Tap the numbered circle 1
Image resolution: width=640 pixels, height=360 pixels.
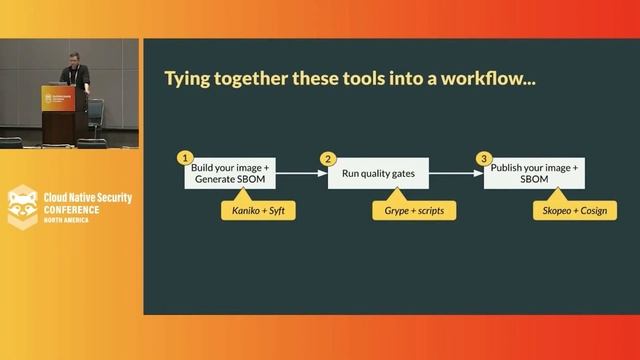point(184,158)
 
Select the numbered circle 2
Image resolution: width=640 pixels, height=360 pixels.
point(327,158)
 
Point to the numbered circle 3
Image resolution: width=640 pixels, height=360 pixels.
point(484,158)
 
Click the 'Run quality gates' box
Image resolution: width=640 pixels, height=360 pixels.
point(378,173)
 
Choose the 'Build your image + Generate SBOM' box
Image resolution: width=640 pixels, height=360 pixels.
point(229,173)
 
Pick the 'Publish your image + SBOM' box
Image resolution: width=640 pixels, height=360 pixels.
point(534,173)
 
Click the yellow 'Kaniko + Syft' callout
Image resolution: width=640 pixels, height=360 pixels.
point(258,210)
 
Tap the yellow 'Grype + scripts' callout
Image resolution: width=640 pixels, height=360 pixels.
point(414,210)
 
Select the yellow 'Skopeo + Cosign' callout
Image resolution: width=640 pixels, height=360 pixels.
point(574,210)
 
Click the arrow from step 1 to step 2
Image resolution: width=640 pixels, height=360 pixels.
point(301,173)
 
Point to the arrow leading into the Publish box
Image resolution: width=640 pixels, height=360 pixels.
point(456,173)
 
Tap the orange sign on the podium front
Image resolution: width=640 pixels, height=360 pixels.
point(58,99)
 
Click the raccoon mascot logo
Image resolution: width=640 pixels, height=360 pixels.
point(22,206)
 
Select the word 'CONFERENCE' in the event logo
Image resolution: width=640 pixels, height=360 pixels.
point(71,210)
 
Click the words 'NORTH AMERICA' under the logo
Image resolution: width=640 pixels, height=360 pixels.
point(66,220)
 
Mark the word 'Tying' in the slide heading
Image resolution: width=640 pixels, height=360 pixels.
point(187,79)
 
